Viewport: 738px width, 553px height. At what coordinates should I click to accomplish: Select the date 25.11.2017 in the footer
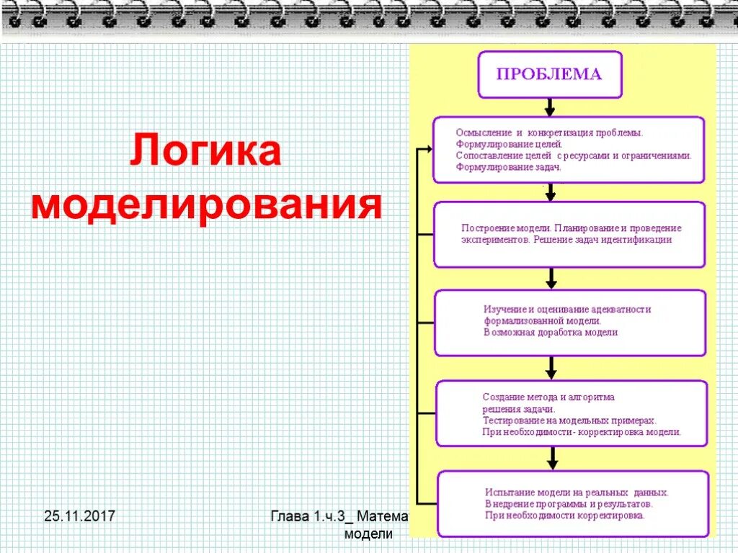pyautogui.click(x=80, y=516)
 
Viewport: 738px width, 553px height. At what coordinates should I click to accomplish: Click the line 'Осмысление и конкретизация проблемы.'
pyautogui.click(x=549, y=133)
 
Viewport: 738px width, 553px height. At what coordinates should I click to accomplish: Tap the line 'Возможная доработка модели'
pyautogui.click(x=551, y=333)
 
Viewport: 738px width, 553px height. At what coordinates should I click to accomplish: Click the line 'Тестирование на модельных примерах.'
pyautogui.click(x=569, y=420)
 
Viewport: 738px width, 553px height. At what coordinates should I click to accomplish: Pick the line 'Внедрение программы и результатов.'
pyautogui.click(x=569, y=503)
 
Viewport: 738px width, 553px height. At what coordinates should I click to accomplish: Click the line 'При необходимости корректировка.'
pyautogui.click(x=564, y=515)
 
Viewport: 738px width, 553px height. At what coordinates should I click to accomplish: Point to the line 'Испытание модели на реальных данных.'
pyautogui.click(x=577, y=493)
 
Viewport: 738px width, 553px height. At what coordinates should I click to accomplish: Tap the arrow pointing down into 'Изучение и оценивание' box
pyautogui.click(x=551, y=279)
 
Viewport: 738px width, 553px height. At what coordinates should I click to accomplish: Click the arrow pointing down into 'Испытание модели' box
pyautogui.click(x=551, y=458)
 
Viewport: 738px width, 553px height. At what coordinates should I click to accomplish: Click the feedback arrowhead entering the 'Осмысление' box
pyautogui.click(x=427, y=149)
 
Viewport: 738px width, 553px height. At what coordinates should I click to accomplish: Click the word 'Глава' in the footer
pyautogui.click(x=290, y=516)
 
